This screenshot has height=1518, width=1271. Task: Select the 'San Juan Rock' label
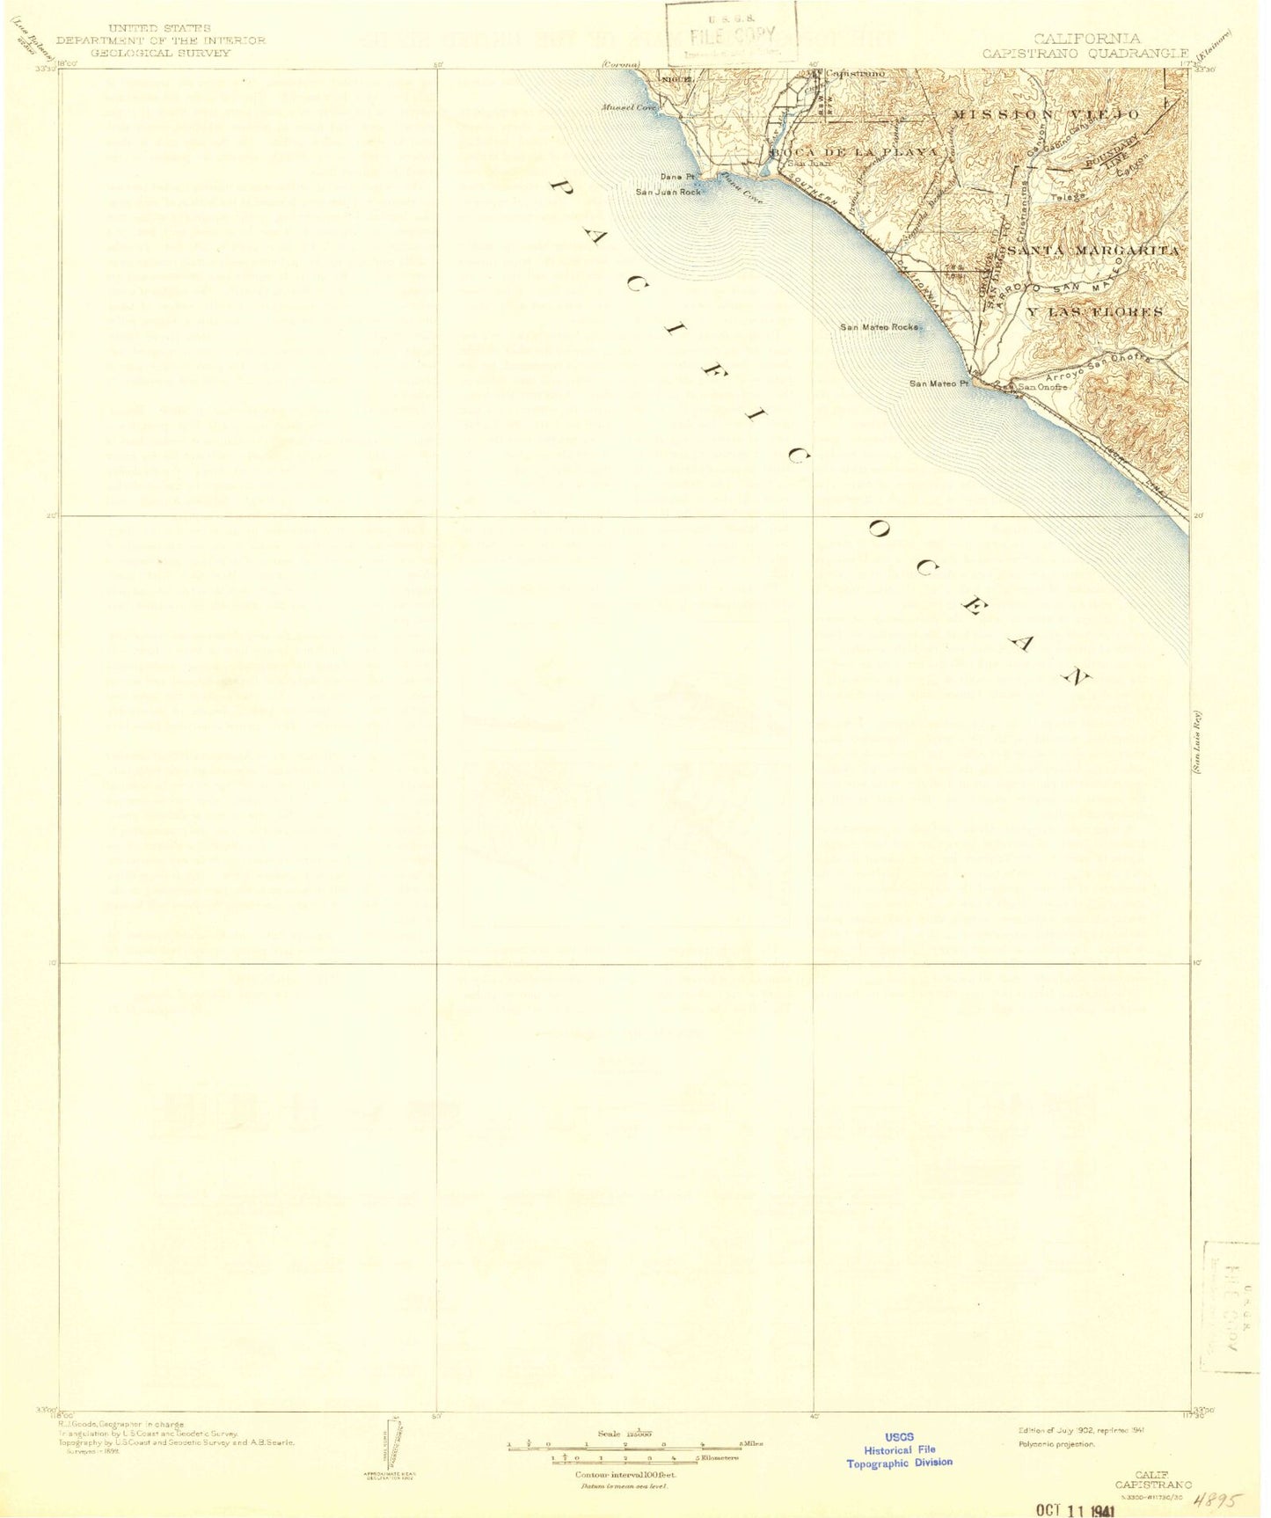[668, 191]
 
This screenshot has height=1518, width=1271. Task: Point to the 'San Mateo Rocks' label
[878, 327]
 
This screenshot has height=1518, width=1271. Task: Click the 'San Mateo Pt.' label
[938, 383]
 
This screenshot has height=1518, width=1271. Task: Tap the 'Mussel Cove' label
[629, 108]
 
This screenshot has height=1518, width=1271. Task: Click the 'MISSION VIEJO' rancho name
[1046, 115]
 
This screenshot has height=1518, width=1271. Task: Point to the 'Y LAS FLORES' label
[1095, 312]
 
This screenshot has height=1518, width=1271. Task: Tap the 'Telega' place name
[1068, 197]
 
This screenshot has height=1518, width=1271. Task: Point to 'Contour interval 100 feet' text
[621, 1474]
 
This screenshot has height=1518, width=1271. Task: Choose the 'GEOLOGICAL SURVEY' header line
[160, 53]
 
